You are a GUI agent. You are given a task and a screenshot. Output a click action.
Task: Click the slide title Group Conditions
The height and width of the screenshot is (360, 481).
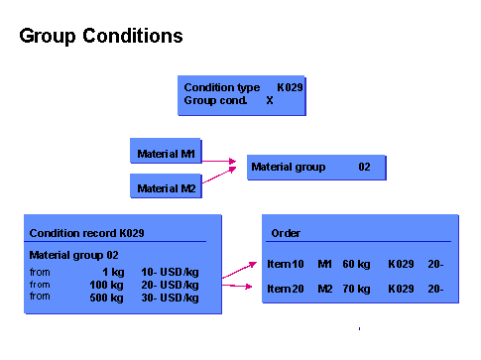tap(101, 37)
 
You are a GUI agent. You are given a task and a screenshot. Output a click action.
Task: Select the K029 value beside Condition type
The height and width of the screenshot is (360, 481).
tap(290, 87)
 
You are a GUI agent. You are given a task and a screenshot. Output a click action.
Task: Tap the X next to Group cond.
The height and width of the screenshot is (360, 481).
tap(269, 100)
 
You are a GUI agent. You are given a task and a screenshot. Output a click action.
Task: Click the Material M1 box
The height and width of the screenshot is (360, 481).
tap(167, 154)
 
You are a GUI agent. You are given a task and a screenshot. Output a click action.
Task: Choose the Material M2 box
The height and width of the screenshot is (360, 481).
tap(167, 187)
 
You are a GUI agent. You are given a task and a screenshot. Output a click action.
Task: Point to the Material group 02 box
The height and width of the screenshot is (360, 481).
tap(315, 167)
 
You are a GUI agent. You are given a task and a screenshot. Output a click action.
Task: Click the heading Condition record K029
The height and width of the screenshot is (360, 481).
tap(87, 233)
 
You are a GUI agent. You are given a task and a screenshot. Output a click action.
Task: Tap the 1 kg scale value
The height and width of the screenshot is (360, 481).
tap(111, 271)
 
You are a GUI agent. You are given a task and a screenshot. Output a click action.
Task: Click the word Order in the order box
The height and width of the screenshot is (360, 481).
tap(286, 233)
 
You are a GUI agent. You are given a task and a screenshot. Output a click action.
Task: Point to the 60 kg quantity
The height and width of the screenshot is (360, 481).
tap(356, 264)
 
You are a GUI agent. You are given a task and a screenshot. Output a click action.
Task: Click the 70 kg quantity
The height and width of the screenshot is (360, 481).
tap(356, 289)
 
